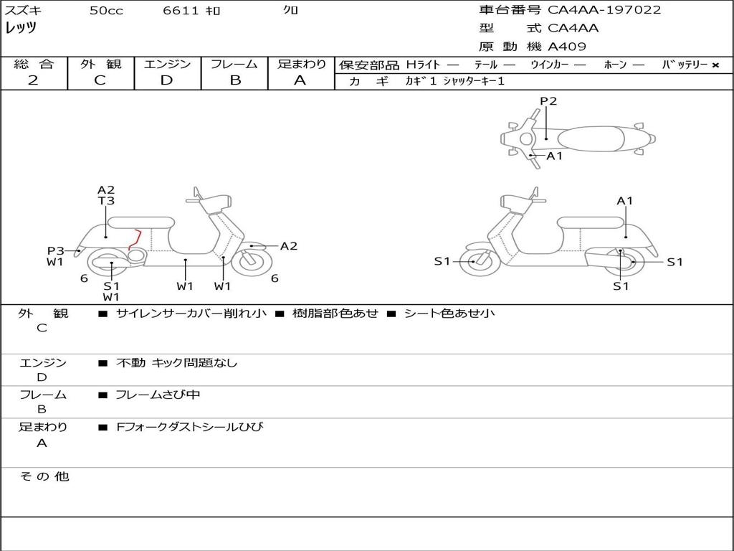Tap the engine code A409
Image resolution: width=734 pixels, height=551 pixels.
point(567,47)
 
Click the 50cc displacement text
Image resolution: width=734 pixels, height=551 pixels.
point(106,11)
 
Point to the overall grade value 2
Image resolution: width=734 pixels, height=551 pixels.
point(33,80)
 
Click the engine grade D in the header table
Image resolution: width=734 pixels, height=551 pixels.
point(166,80)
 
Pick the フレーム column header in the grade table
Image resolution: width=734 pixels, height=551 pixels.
point(234,64)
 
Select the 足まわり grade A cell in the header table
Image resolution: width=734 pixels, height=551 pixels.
point(300,80)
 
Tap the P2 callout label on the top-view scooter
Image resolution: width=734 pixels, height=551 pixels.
point(548,101)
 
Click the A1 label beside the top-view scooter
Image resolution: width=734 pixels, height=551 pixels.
point(555,156)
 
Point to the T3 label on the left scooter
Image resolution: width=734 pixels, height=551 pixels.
point(106,202)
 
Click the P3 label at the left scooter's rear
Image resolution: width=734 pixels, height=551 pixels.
point(56,250)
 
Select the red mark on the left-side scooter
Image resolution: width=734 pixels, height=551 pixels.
point(134,240)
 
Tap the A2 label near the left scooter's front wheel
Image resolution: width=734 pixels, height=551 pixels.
point(288,246)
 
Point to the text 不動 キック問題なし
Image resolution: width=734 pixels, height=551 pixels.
point(176,363)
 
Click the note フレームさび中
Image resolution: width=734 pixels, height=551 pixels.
point(158,395)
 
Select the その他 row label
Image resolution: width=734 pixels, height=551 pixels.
point(44,476)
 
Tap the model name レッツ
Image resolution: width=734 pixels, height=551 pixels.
point(21,28)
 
